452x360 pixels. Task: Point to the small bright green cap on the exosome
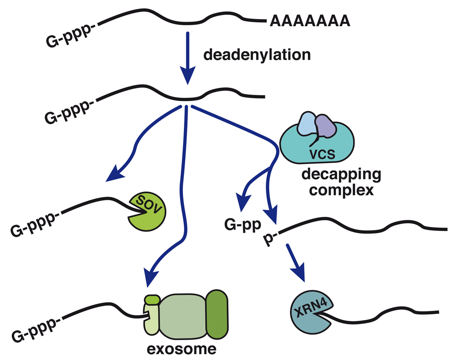click(151, 299)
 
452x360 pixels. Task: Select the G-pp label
click(240, 224)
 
